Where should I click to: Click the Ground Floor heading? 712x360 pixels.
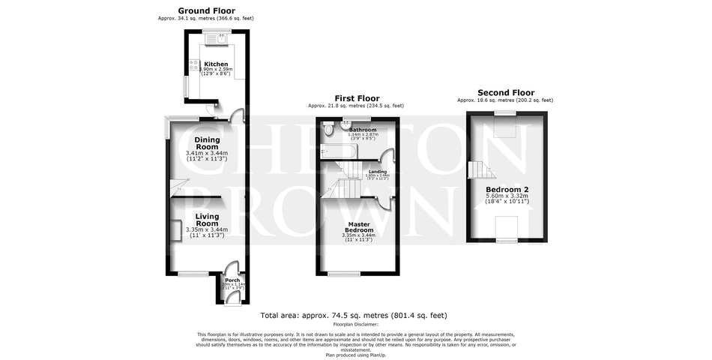[206, 10]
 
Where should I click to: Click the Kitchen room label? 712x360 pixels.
[216, 64]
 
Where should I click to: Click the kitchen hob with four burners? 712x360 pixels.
[194, 65]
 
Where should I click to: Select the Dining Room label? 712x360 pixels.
[207, 142]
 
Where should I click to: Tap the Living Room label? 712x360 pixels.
[207, 220]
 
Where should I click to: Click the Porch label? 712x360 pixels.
[232, 280]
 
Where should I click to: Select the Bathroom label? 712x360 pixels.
[363, 130]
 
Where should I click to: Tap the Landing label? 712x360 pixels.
[378, 172]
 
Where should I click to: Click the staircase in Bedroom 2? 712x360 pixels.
[478, 170]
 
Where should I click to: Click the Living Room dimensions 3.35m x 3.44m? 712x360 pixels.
[207, 231]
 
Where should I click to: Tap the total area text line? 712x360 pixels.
[353, 316]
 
